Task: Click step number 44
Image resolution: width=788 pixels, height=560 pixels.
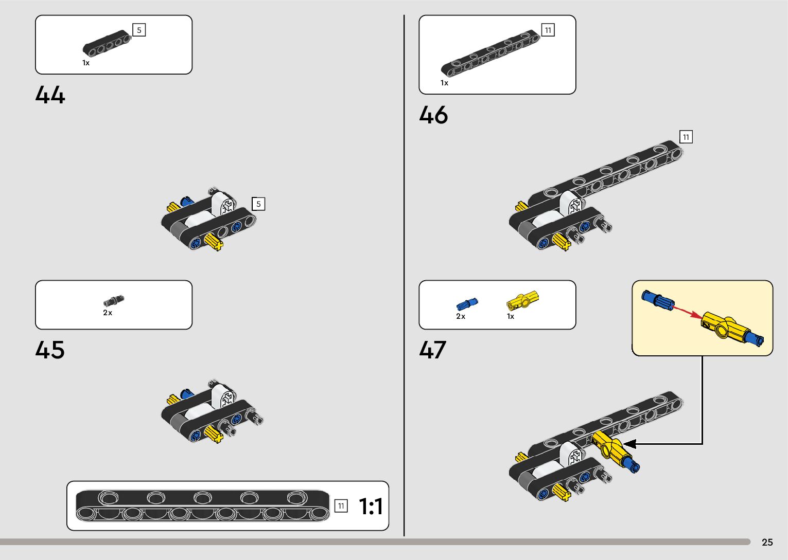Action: pos(50,96)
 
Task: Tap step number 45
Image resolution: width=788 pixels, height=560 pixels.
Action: pos(50,350)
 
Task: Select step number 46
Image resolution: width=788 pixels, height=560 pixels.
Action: pos(433,115)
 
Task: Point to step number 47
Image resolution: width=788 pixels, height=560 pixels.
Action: pos(432,350)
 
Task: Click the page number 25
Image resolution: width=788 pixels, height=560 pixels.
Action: pos(767,543)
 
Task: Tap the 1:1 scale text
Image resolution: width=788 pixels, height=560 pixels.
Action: pos(371,507)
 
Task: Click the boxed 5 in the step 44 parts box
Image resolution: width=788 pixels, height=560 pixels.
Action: pos(139,30)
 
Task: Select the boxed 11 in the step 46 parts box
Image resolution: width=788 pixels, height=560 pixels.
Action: pos(548,30)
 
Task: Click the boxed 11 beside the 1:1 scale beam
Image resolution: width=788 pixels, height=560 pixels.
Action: pos(341,506)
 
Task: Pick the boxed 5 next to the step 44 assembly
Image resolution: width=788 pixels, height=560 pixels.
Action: pos(258,204)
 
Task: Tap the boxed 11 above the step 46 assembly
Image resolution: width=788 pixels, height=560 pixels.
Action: pos(686,137)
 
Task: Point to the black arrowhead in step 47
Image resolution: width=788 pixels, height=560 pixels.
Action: pos(629,443)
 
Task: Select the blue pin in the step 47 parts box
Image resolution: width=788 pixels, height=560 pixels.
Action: pos(466,304)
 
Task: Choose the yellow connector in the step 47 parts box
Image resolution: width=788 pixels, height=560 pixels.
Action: pos(522,300)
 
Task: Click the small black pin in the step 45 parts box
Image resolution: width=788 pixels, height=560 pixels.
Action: pos(114,301)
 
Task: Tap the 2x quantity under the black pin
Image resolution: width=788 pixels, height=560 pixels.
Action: pos(107,313)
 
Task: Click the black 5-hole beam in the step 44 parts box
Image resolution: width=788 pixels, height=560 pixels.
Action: pos(107,43)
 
